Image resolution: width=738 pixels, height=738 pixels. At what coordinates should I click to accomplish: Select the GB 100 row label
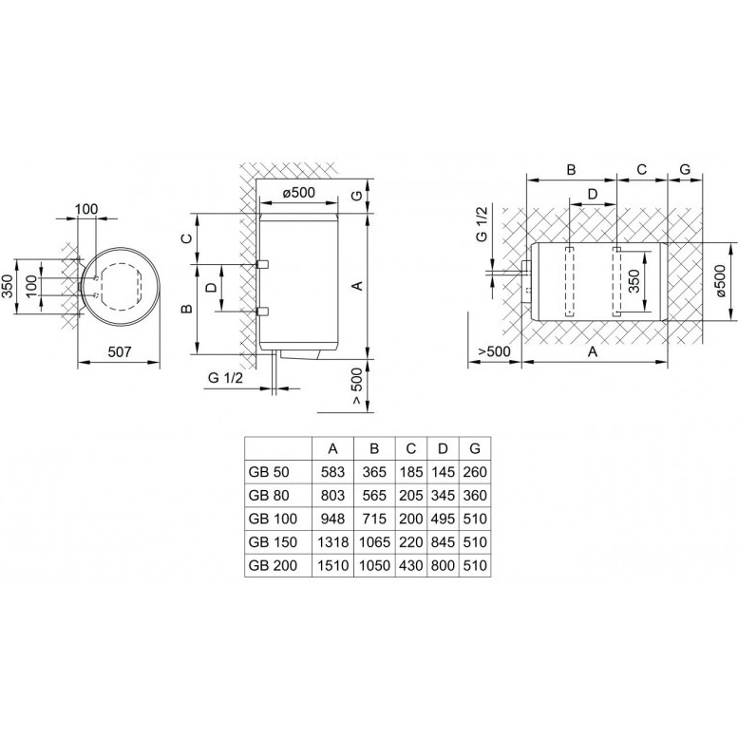(273, 519)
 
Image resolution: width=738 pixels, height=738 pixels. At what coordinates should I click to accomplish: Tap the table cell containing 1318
(332, 542)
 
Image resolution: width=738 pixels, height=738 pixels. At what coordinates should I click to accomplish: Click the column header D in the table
(443, 448)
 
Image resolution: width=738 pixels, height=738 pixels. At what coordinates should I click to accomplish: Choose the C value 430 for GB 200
(411, 566)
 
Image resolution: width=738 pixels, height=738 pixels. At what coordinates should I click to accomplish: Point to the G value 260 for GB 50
(475, 471)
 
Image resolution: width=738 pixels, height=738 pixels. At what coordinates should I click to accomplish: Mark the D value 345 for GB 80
(443, 495)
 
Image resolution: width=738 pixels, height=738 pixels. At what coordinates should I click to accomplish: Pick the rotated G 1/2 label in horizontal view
(481, 223)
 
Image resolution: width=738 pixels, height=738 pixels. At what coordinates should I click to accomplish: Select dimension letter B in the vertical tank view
(186, 308)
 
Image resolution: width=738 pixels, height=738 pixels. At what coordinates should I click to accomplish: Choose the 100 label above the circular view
(87, 208)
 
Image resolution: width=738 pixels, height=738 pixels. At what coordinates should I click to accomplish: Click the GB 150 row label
(273, 542)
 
